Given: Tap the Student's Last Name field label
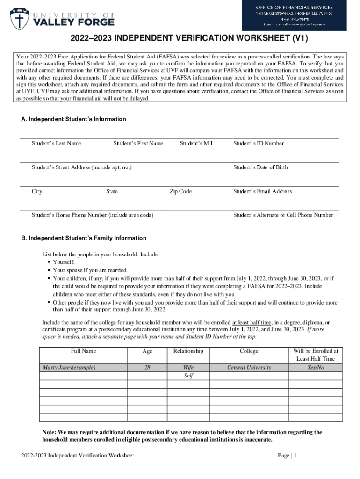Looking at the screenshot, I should [56, 143].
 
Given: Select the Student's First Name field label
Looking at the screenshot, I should [138, 143].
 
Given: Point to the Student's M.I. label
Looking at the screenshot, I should [196, 143].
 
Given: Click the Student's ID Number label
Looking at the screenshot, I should [258, 143].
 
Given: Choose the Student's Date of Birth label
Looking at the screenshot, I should [260, 167].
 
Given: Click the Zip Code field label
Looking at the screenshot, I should [180, 191].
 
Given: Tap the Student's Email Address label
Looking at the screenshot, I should [262, 191].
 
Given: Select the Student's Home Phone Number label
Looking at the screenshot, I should [92, 215].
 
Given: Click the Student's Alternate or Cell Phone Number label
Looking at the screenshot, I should [283, 215].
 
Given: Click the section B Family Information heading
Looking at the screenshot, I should [84, 238].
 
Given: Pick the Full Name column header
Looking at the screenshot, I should [83, 351].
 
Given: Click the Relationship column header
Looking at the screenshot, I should [188, 351].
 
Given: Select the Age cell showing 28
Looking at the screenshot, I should [147, 367].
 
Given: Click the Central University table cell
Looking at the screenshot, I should [249, 367].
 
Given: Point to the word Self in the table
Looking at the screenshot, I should [188, 376].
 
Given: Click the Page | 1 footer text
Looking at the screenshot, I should [287, 455].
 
